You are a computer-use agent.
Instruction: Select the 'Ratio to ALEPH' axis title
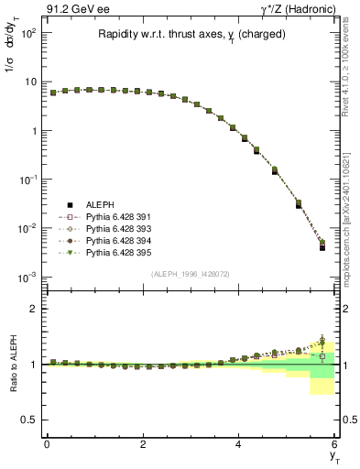point(11,364)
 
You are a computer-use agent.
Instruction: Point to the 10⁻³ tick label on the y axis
point(27,277)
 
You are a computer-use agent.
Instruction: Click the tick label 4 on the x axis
point(238,445)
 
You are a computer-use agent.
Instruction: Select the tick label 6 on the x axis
point(334,445)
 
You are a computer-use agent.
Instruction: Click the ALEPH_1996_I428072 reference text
point(189,274)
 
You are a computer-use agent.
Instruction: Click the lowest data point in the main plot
point(322,246)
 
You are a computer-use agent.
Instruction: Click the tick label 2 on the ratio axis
point(33,309)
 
